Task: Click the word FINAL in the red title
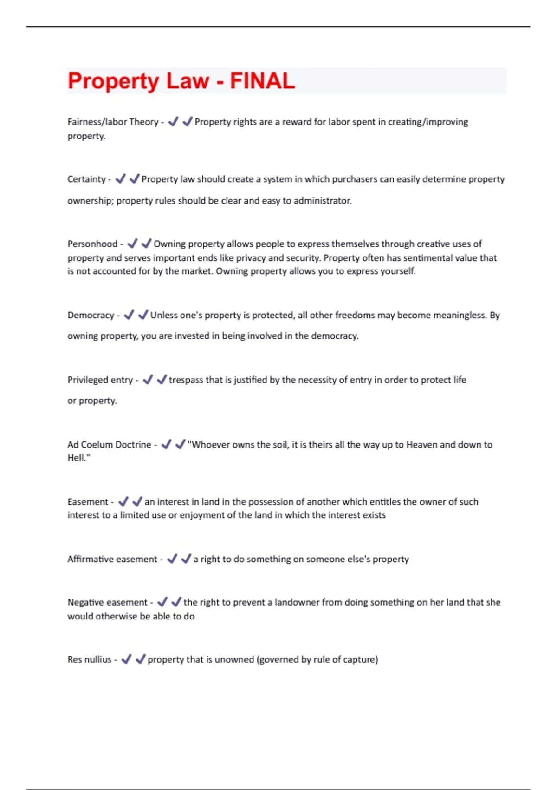point(262,81)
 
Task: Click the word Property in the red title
point(113,82)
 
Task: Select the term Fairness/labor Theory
point(113,122)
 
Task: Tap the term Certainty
point(86,179)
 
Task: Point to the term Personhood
point(92,244)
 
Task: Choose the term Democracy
point(91,316)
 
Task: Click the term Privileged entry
point(100,380)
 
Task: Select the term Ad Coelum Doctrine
point(109,445)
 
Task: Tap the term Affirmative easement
point(112,559)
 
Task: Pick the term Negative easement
point(107,602)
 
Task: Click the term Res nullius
point(90,659)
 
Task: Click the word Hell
point(76,458)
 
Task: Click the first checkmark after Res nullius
point(126,659)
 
